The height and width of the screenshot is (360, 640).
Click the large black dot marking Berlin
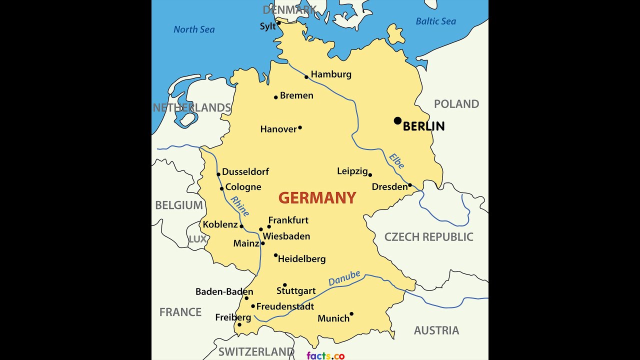[397, 120]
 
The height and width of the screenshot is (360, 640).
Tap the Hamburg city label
[331, 74]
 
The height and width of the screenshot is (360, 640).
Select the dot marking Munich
[351, 314]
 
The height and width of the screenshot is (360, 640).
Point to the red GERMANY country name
[317, 198]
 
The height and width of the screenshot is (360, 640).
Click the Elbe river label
[396, 161]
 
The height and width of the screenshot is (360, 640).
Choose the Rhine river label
[239, 206]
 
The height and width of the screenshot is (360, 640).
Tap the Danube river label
[344, 278]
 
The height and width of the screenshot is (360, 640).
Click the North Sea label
[194, 29]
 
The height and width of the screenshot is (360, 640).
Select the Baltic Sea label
[436, 21]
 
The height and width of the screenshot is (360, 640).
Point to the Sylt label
[268, 26]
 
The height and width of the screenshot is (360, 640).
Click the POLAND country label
[456, 104]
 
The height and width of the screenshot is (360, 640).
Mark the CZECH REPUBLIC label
[428, 237]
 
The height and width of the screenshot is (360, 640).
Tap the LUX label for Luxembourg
[197, 239]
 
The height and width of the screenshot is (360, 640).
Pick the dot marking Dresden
[410, 185]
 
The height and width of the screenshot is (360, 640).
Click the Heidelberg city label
[301, 259]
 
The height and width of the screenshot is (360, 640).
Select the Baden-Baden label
[224, 291]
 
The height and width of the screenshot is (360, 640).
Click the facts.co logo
[325, 355]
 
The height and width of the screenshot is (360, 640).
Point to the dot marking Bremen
[275, 97]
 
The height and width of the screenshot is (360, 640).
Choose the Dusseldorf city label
[245, 171]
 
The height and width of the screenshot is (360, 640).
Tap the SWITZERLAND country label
[256, 351]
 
